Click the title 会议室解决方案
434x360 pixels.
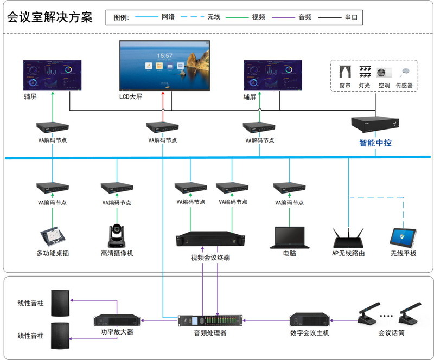tap(49, 17)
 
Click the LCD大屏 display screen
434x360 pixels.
tap(164, 65)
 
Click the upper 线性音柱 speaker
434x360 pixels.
tap(60, 304)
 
